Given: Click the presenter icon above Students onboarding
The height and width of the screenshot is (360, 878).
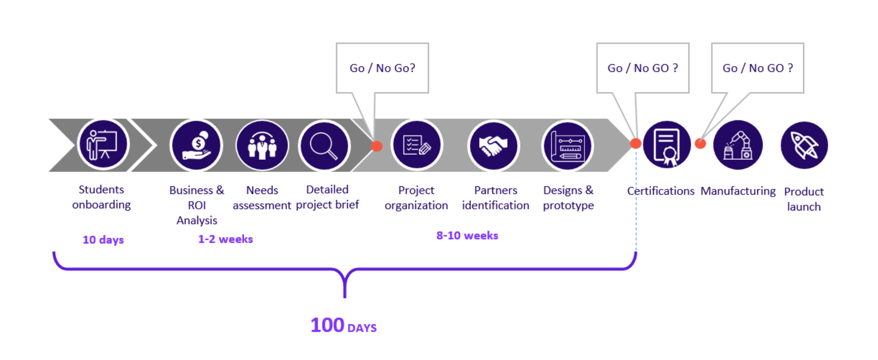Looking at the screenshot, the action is click(x=103, y=145).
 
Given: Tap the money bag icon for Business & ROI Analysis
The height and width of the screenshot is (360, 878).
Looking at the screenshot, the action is click(x=197, y=145).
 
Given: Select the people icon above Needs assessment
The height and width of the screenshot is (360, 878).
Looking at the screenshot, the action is click(x=262, y=145).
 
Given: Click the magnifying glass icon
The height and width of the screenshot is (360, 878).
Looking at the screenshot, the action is click(x=324, y=145).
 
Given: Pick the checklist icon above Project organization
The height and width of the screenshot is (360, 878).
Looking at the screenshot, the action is click(x=417, y=145).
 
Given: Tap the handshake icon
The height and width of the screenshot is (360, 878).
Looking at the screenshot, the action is click(x=493, y=145).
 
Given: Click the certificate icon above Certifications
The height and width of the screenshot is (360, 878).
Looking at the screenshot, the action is click(x=667, y=145).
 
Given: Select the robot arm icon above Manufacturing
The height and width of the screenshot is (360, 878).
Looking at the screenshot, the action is click(x=738, y=145).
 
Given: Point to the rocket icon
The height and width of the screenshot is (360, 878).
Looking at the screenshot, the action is click(x=804, y=145).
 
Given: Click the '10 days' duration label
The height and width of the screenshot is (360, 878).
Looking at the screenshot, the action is click(x=103, y=240).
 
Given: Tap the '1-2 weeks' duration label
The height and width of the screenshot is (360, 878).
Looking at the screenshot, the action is click(x=225, y=239).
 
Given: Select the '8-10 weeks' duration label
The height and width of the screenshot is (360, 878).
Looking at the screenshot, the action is click(x=467, y=235).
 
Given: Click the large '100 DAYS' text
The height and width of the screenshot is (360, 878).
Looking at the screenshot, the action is click(x=344, y=325).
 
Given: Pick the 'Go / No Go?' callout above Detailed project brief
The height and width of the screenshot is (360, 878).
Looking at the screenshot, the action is click(x=382, y=68).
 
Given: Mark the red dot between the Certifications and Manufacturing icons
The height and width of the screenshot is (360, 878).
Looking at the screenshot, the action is click(x=700, y=144).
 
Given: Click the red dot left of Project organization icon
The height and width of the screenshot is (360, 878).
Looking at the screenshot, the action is click(x=377, y=146).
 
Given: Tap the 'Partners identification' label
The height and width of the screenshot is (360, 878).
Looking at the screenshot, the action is click(x=496, y=198).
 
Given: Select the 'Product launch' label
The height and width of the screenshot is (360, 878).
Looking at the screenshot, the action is click(x=804, y=199).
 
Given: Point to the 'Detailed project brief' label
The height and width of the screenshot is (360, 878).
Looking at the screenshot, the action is click(x=327, y=197).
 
